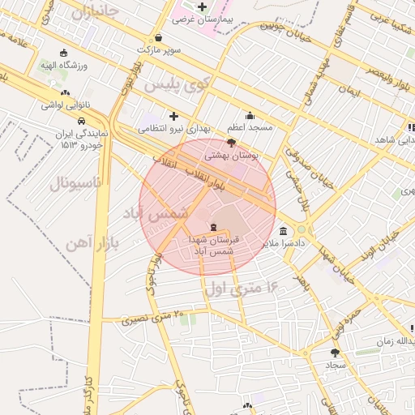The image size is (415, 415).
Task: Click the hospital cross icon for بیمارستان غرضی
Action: click(203, 7)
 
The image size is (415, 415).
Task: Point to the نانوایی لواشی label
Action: click(64, 105)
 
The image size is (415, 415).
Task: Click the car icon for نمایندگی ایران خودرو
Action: click(81, 122)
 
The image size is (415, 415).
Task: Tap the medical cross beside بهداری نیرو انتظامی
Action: click(173, 116)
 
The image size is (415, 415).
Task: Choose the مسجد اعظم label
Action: click(250, 127)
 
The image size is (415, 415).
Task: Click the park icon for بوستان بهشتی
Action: click(232, 142)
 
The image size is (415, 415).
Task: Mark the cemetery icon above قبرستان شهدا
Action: click(213, 227)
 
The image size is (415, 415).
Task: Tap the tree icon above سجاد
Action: click(336, 353)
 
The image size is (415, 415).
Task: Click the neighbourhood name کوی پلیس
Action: click(177, 83)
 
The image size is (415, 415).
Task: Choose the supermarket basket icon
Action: click(157, 37)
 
